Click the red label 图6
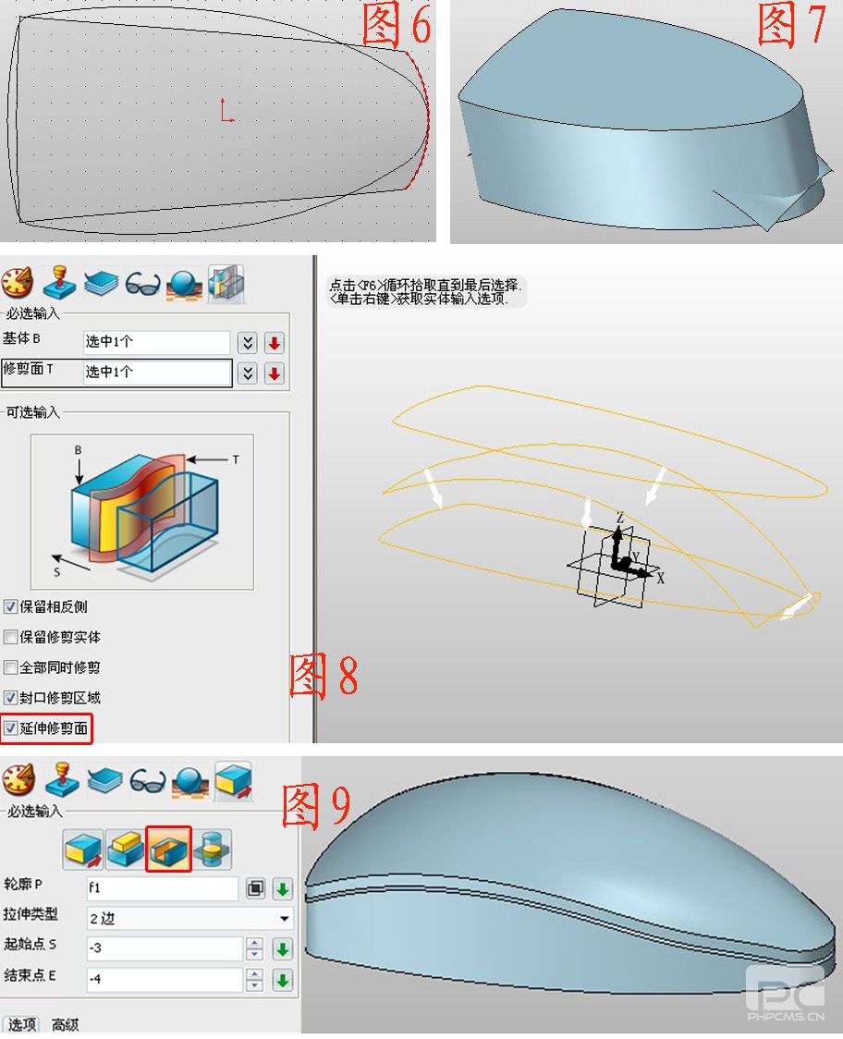click(397, 24)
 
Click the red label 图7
click(792, 24)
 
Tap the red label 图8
click(324, 675)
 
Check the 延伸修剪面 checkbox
click(10, 728)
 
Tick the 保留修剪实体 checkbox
click(10, 637)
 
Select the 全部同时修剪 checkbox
click(10, 667)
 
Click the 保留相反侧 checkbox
click(10, 606)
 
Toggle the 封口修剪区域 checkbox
click(10, 698)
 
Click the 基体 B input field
click(156, 342)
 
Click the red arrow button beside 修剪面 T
click(275, 373)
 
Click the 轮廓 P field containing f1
click(163, 888)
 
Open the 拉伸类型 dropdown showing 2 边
click(189, 919)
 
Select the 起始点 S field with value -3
click(165, 948)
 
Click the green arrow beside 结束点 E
click(283, 979)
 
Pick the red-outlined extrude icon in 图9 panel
click(168, 849)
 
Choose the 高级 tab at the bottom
click(65, 1024)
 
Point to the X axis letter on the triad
click(660, 578)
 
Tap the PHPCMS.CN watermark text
click(786, 1017)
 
